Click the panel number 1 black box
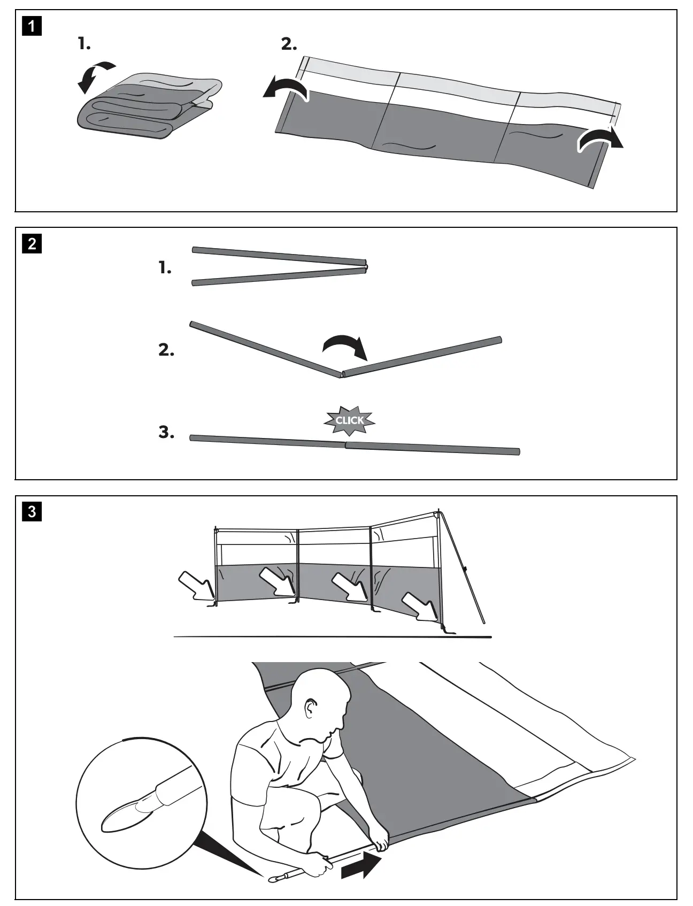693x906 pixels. pos(32,26)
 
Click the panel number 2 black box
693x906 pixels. pos(32,244)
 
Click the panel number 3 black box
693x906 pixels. pos(32,512)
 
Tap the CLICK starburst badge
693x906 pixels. pos(350,420)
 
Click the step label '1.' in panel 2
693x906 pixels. pos(165,268)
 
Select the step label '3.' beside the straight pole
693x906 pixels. pos(166,433)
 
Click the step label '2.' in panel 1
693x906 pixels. pos(289,45)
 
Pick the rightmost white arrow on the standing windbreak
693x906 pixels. pos(420,606)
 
